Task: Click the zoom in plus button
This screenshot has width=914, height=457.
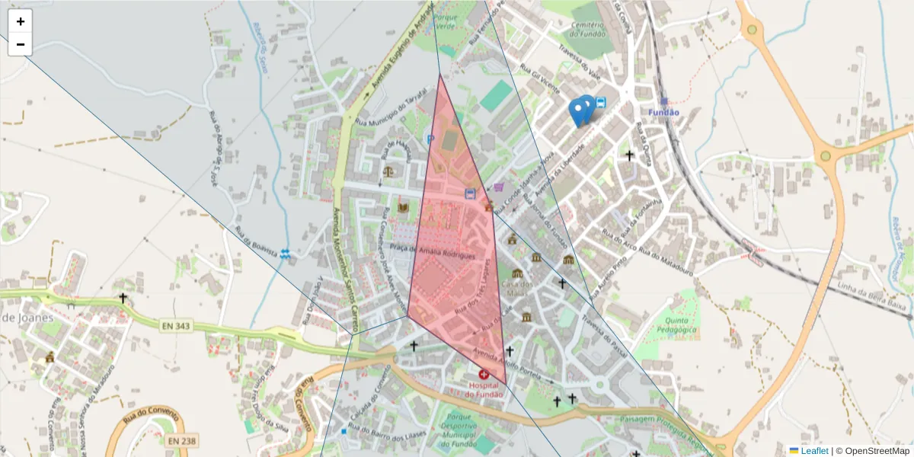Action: pos(21,21)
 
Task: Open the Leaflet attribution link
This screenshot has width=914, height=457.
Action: pos(813,451)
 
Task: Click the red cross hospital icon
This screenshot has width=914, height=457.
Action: pos(484,374)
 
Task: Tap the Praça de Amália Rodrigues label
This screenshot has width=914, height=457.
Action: pos(437,253)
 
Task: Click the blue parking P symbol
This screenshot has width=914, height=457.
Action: pos(430,139)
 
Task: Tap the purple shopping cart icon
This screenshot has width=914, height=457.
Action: pos(499,187)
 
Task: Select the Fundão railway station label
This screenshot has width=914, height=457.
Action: pos(663,112)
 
